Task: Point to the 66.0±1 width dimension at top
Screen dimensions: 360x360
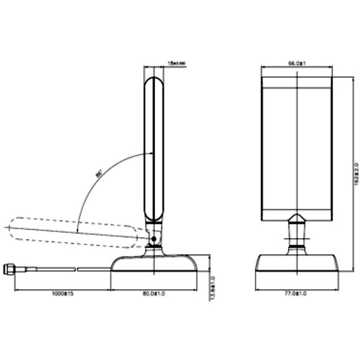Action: pyautogui.click(x=297, y=64)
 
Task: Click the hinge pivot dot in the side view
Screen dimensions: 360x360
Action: pyautogui.click(x=153, y=239)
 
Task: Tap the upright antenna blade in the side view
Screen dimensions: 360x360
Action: pyautogui.click(x=155, y=150)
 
